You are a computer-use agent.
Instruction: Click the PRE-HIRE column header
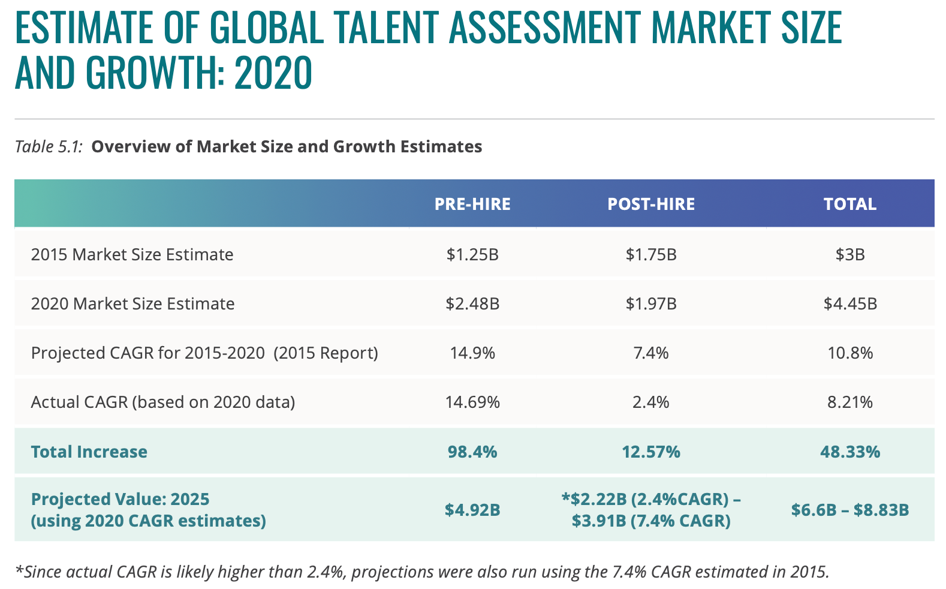click(472, 204)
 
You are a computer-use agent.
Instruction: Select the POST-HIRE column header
click(651, 204)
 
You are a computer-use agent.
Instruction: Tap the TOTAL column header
click(849, 204)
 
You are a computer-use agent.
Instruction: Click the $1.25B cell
click(472, 254)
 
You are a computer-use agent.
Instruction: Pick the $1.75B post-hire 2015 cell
click(651, 254)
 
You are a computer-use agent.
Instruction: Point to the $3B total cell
click(849, 254)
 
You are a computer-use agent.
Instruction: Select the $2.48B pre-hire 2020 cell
click(472, 303)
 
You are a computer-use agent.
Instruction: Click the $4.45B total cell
click(849, 303)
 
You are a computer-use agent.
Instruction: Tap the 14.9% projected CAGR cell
click(472, 353)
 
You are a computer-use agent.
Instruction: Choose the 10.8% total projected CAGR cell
click(849, 353)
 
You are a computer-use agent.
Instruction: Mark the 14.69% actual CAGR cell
click(472, 402)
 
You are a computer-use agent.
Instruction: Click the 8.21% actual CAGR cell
click(849, 402)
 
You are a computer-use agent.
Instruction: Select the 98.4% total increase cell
click(472, 452)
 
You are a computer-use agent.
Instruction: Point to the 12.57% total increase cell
click(651, 452)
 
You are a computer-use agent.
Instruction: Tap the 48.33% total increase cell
click(849, 452)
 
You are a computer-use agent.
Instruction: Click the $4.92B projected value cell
click(472, 510)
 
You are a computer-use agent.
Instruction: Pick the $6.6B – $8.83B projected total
click(849, 510)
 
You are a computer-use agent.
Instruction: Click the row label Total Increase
click(89, 452)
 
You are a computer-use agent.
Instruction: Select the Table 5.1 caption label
click(49, 146)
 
